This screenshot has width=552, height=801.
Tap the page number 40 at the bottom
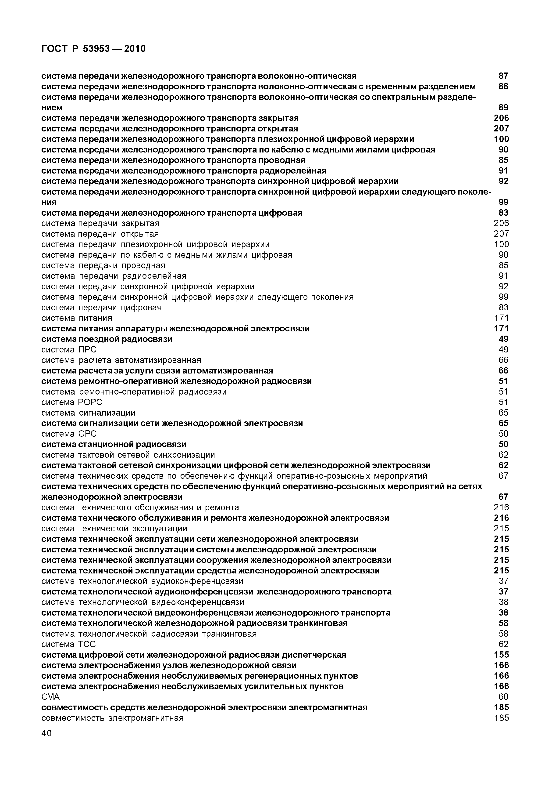[x=46, y=733]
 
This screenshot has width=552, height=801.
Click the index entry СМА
[x=50, y=697]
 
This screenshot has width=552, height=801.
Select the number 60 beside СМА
[x=504, y=697]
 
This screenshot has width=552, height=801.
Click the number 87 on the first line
[x=504, y=76]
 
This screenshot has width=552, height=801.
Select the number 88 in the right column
[x=504, y=87]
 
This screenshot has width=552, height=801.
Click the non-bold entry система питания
[x=77, y=318]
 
